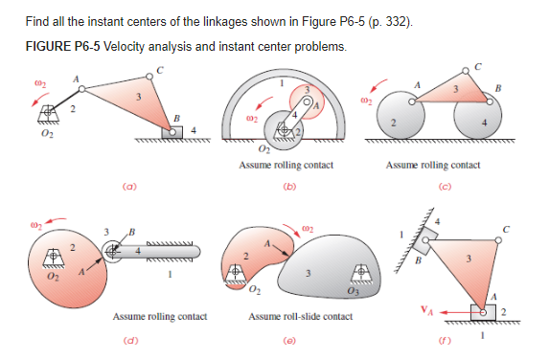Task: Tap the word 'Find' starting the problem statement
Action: click(37, 21)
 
